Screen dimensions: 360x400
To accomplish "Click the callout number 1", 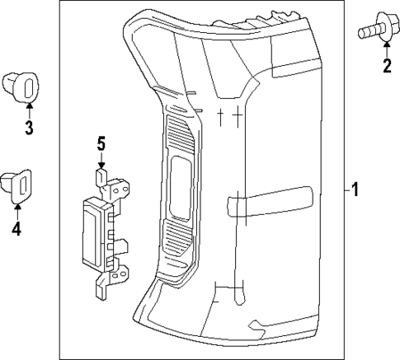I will click(x=355, y=190).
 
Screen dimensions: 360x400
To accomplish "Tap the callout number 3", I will click(x=28, y=128).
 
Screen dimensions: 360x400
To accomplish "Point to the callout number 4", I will click(x=16, y=229).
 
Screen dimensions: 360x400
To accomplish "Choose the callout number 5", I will click(x=101, y=145).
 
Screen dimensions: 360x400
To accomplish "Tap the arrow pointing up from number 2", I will click(x=386, y=49).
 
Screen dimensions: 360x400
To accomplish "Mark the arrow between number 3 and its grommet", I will click(x=28, y=108).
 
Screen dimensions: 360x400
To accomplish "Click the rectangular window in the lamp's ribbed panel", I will click(x=177, y=186).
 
